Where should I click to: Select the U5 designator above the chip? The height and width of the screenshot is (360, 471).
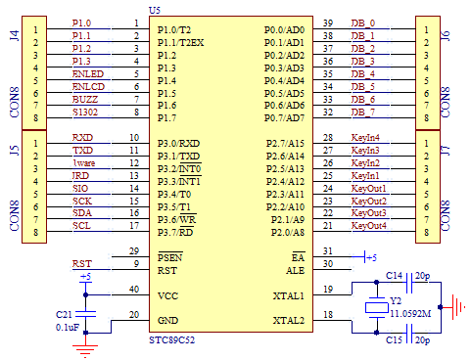pyautogui.click(x=154, y=9)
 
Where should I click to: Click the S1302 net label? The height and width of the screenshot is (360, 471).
pyautogui.click(x=84, y=112)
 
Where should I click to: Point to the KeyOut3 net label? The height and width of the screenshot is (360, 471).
pyautogui.click(x=368, y=213)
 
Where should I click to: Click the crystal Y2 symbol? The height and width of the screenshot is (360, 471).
pyautogui.click(x=375, y=308)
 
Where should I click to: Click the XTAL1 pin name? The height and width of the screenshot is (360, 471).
pyautogui.click(x=288, y=295)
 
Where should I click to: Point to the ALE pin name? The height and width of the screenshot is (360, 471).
pyautogui.click(x=295, y=270)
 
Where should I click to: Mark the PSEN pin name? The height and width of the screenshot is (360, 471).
pyautogui.click(x=171, y=257)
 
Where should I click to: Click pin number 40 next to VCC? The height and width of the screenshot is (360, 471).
pyautogui.click(x=133, y=290)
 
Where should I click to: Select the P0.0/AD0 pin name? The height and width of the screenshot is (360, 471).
pyautogui.click(x=285, y=29)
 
